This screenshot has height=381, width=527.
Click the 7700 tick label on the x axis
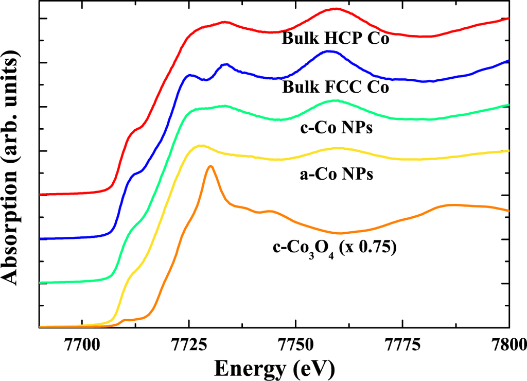82,342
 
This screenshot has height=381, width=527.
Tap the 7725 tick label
188,342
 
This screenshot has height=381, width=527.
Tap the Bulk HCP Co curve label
335,39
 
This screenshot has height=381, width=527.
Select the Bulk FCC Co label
335,88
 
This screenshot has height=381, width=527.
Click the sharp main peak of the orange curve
210,166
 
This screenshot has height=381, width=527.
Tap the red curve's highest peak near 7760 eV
335,9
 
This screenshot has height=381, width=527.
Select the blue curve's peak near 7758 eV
329,51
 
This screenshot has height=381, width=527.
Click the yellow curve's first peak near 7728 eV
201,145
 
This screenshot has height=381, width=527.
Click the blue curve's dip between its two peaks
205,80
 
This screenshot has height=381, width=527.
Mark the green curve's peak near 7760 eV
335,100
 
